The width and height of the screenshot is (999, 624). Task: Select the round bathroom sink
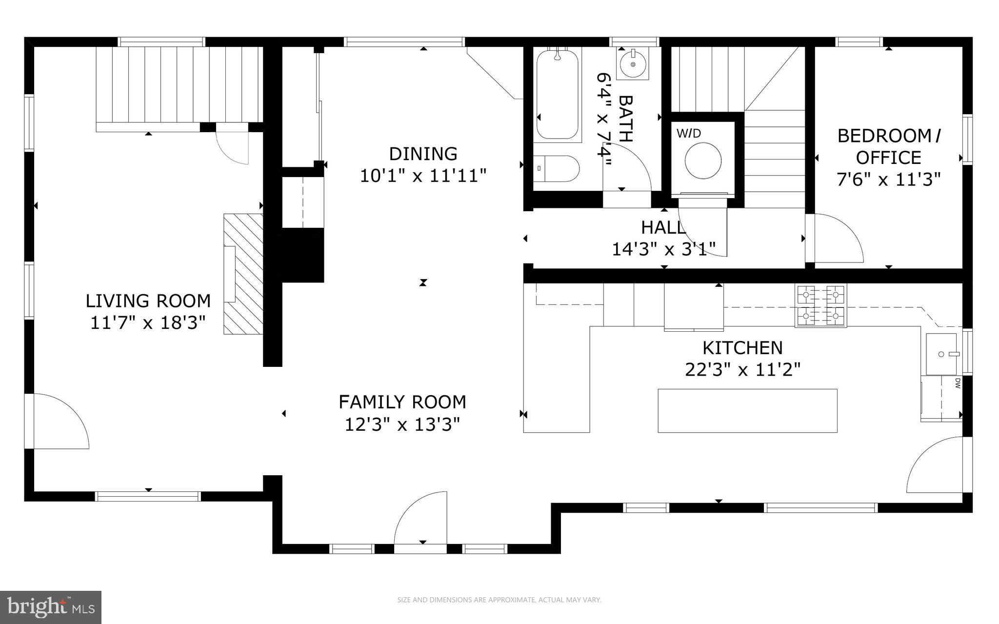[633, 64]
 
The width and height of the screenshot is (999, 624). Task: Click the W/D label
[688, 133]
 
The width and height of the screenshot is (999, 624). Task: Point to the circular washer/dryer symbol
[703, 161]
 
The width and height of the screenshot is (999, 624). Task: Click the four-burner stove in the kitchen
[821, 306]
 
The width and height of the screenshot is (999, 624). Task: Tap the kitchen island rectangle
[747, 410]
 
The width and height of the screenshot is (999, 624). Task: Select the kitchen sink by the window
[941, 354]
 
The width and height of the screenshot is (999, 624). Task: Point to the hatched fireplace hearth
[243, 274]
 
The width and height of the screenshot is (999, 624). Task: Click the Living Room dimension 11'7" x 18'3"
[148, 322]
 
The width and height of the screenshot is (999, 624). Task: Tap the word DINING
[423, 154]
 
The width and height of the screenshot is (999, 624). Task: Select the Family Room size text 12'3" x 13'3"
[402, 424]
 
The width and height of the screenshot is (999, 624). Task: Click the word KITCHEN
[742, 348]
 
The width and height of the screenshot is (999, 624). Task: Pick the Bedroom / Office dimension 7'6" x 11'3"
[888, 180]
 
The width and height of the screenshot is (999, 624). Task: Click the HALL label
[662, 227]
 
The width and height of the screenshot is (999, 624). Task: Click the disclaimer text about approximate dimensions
[499, 600]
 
